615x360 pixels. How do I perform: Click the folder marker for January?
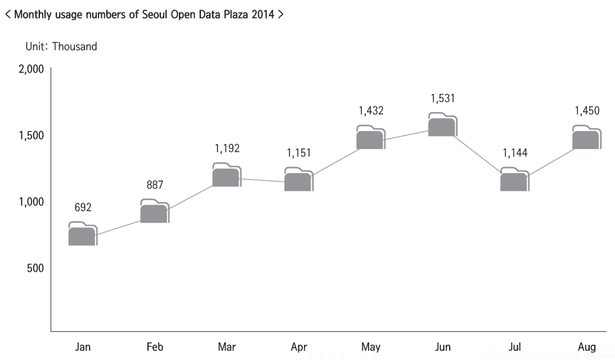pos(83,234)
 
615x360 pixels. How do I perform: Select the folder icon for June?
pos(442,125)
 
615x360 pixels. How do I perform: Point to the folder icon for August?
pos(586,138)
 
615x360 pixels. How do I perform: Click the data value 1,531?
pos(443,98)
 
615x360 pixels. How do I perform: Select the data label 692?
pos(83,208)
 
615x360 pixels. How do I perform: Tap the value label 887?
pos(155,185)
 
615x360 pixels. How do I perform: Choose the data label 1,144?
pos(515,153)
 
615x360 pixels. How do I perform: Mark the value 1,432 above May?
pos(371,111)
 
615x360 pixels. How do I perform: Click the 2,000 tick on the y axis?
pos(32,69)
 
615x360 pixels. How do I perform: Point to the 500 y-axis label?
pos(35,268)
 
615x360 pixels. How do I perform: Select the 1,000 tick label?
pos(32,202)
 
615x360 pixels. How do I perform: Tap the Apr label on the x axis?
pos(299,347)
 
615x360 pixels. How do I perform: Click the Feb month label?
pos(155,347)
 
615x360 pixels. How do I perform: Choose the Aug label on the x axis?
pos(587,347)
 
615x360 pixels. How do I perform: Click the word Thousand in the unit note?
pos(74,47)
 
